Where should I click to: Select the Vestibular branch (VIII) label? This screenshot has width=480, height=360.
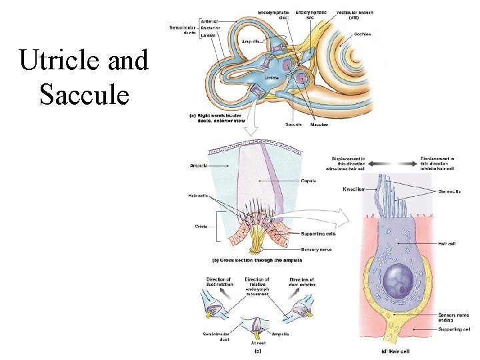355,15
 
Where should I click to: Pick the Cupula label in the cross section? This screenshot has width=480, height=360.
308,181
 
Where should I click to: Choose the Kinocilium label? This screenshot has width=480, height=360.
354,190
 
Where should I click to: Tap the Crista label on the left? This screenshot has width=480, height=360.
201,227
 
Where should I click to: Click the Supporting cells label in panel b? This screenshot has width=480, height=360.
318,234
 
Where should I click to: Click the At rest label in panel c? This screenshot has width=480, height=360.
257,342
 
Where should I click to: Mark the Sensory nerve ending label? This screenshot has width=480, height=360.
453,317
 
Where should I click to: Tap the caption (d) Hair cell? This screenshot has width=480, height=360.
395,351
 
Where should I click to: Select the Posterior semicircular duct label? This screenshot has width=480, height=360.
212,28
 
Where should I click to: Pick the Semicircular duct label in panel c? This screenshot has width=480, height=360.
217,336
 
